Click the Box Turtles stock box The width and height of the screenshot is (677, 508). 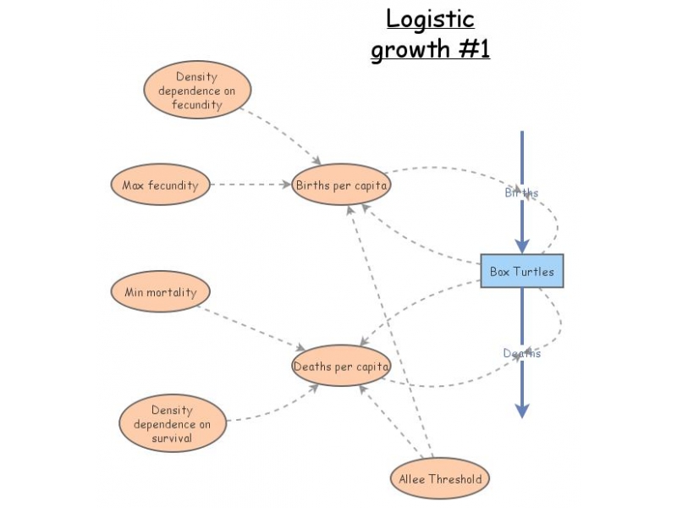tap(522, 271)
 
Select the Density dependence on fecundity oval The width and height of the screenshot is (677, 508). tap(197, 91)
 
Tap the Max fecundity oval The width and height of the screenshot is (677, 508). tap(160, 185)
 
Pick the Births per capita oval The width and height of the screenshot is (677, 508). tap(341, 185)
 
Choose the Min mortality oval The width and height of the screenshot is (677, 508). tap(160, 292)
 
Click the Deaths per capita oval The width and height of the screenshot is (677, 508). tap(341, 367)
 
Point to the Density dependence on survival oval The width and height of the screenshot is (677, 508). tap(173, 424)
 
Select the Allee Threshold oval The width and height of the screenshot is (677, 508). tap(440, 479)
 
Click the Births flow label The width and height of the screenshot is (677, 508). tap(521, 193)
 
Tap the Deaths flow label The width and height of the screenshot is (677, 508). tap(521, 353)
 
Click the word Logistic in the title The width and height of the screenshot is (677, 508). tap(430, 19)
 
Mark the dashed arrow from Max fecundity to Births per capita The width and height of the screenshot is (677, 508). tap(250, 185)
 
